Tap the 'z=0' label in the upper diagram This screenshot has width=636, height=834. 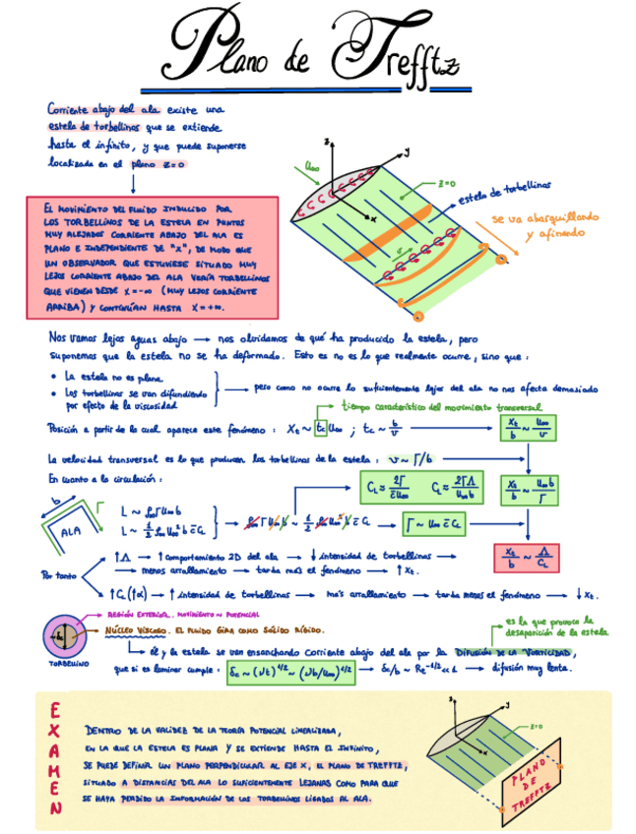click(447, 183)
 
